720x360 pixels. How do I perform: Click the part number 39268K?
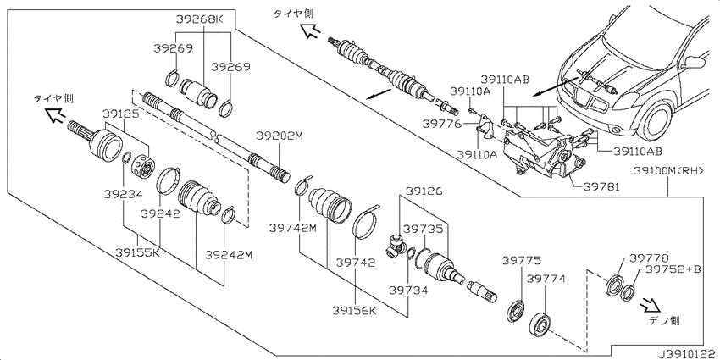point(199,19)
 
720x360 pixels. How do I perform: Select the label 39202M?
point(280,136)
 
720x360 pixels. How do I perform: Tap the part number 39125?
point(119,114)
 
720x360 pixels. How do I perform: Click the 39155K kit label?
point(137,252)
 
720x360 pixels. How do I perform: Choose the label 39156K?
point(356,311)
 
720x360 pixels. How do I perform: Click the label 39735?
point(421,230)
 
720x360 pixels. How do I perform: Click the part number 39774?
point(546,279)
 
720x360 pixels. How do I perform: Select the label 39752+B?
point(673,269)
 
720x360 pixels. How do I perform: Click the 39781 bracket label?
point(602,187)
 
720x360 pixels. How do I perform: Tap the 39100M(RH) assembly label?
point(669,171)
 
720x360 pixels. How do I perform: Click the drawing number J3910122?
point(687,354)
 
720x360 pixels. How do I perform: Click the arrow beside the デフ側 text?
point(651,303)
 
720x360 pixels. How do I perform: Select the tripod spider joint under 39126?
point(395,243)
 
